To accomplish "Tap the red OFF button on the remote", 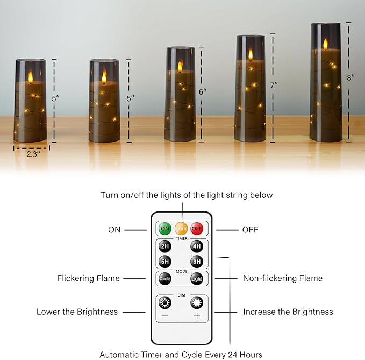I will point(197,229).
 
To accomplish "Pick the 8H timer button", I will point(197,263).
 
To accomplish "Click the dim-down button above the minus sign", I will point(164,303).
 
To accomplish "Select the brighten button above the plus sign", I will point(197,303).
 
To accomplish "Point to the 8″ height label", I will point(351,77).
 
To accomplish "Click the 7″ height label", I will point(274,84).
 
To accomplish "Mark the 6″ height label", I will point(203,92).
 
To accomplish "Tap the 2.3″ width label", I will point(33,153).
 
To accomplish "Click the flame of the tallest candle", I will point(325,44).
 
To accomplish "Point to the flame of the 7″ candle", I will point(251,54).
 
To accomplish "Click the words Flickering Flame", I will point(89,278).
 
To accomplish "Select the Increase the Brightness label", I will point(288,312).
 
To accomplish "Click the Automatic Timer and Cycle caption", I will point(181,355).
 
